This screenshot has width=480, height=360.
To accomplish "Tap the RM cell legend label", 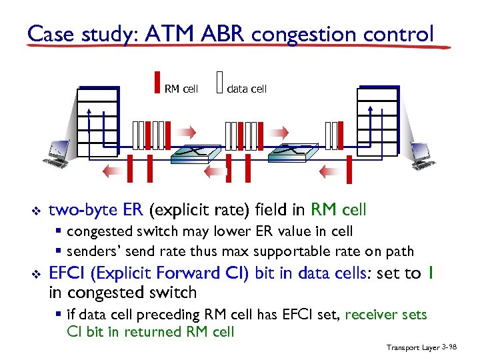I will pyautogui.click(x=181, y=89).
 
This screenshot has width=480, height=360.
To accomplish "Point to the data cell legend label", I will pyautogui.click(x=247, y=89).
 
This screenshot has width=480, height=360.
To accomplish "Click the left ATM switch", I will pyautogui.click(x=195, y=154).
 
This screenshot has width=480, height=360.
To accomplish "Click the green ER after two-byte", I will pyautogui.click(x=134, y=211).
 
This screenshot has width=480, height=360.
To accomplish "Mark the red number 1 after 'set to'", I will pyautogui.click(x=432, y=273).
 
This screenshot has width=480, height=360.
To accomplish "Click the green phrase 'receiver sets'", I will pyautogui.click(x=387, y=315).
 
